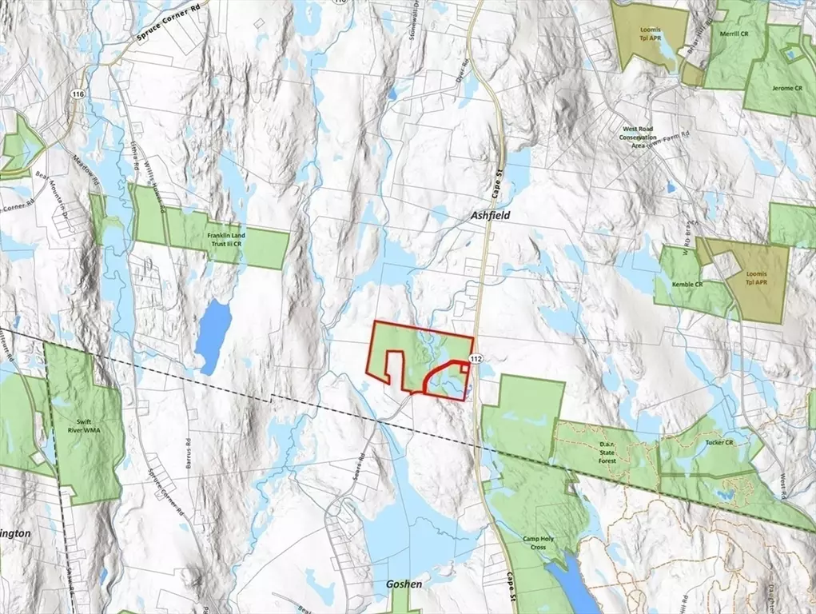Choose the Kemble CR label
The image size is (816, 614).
[x=687, y=285]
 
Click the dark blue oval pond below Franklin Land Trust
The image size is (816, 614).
[x=214, y=336]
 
